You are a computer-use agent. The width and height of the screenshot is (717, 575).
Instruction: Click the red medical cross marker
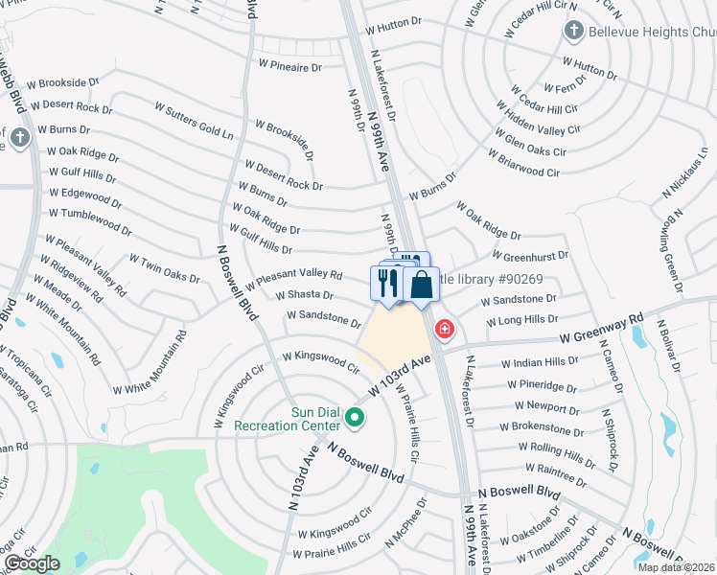(x=444, y=330)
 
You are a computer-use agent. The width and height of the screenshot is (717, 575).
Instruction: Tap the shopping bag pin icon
(x=420, y=284)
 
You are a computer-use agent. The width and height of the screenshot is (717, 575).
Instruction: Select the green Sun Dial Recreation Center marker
(x=355, y=418)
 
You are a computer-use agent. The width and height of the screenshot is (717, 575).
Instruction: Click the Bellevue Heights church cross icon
(x=574, y=30)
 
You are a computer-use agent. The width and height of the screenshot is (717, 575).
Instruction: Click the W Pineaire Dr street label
(x=290, y=66)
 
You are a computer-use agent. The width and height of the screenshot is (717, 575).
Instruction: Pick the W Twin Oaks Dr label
(x=164, y=269)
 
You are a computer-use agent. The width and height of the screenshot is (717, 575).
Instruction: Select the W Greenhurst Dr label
(x=530, y=256)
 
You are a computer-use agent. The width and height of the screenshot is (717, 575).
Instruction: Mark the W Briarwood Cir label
(x=523, y=163)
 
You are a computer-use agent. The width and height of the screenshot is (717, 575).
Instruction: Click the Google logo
(x=32, y=564)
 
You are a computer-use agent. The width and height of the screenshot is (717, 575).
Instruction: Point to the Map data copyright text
(x=675, y=566)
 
